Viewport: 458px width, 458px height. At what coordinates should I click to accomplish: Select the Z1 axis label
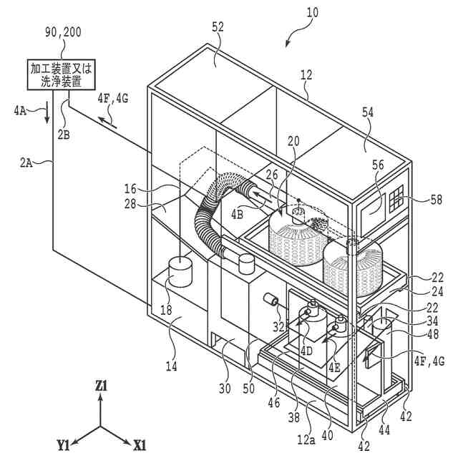[101, 386]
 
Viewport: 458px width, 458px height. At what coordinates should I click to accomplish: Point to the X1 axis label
[139, 444]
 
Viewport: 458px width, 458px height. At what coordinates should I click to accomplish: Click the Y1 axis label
[63, 444]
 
